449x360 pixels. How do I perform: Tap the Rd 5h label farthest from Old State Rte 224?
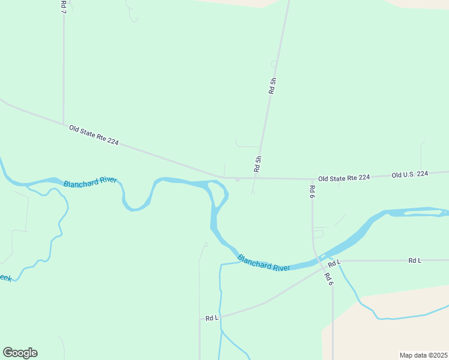coord(273,86)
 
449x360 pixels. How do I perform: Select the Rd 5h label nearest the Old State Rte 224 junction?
coord(258,164)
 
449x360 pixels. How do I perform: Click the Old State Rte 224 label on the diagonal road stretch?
coord(94,134)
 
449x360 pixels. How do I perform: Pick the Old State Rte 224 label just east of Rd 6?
coord(344,178)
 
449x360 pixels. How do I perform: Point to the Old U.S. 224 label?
coord(409,175)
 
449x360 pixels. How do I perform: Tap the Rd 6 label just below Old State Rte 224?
coord(312,191)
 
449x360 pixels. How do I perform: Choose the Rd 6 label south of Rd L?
coord(328,279)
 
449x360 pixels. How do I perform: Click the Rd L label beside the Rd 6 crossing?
coord(334,262)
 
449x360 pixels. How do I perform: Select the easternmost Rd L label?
coord(415,260)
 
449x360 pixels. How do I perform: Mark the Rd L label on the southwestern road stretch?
coord(212,317)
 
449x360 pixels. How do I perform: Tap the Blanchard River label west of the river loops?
coord(90,182)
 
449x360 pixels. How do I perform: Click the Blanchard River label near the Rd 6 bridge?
coord(264,263)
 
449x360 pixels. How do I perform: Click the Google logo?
coord(20,353)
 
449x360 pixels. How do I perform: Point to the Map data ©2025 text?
coord(423,355)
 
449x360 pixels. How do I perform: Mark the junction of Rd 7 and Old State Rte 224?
coord(64,124)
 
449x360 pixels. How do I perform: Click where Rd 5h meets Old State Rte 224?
coord(255,178)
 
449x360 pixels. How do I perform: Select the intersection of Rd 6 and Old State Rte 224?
coord(312,179)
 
